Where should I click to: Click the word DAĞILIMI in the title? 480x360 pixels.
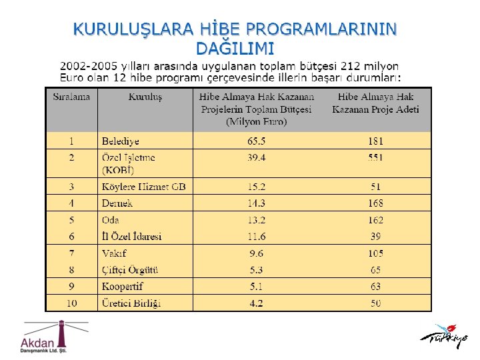(x=235, y=48)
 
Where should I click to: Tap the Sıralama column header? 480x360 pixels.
(x=71, y=97)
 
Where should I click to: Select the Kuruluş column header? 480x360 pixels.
(x=145, y=97)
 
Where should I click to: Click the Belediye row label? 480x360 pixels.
(x=121, y=141)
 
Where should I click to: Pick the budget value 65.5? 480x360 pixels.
(x=256, y=141)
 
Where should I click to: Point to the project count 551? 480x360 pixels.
(x=375, y=158)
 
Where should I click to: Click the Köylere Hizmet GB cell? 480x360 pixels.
(x=143, y=186)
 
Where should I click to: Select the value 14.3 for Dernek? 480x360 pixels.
(x=256, y=203)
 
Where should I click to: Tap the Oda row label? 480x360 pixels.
(x=111, y=220)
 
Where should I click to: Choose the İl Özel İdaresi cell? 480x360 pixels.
(x=132, y=237)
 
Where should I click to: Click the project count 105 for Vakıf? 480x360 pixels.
(x=375, y=253)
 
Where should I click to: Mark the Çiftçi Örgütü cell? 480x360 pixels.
(x=130, y=270)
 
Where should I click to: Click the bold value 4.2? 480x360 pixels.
(x=256, y=303)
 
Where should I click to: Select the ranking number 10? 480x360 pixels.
(x=71, y=303)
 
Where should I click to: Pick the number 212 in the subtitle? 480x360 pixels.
(x=351, y=66)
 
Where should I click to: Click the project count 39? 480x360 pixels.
(x=375, y=237)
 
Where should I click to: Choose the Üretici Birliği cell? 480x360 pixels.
(x=131, y=303)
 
